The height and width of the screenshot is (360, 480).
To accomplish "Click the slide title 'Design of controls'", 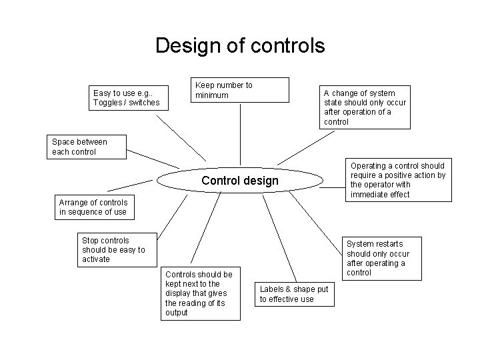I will [240, 45].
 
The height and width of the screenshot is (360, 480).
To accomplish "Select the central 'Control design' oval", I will [240, 181].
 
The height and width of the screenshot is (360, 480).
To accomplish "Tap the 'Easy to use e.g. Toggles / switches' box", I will [127, 98].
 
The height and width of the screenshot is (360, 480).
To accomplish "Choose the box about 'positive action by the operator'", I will [397, 180].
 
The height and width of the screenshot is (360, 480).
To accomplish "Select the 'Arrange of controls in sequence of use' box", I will [93, 207].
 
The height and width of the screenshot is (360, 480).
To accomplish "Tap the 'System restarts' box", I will [378, 258].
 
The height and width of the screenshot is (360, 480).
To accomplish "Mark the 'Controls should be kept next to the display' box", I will [201, 293].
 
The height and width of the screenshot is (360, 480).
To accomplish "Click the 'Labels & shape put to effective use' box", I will [293, 294].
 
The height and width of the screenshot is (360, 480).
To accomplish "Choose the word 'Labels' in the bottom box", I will [271, 289].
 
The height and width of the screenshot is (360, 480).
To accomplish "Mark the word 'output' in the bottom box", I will [177, 313].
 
